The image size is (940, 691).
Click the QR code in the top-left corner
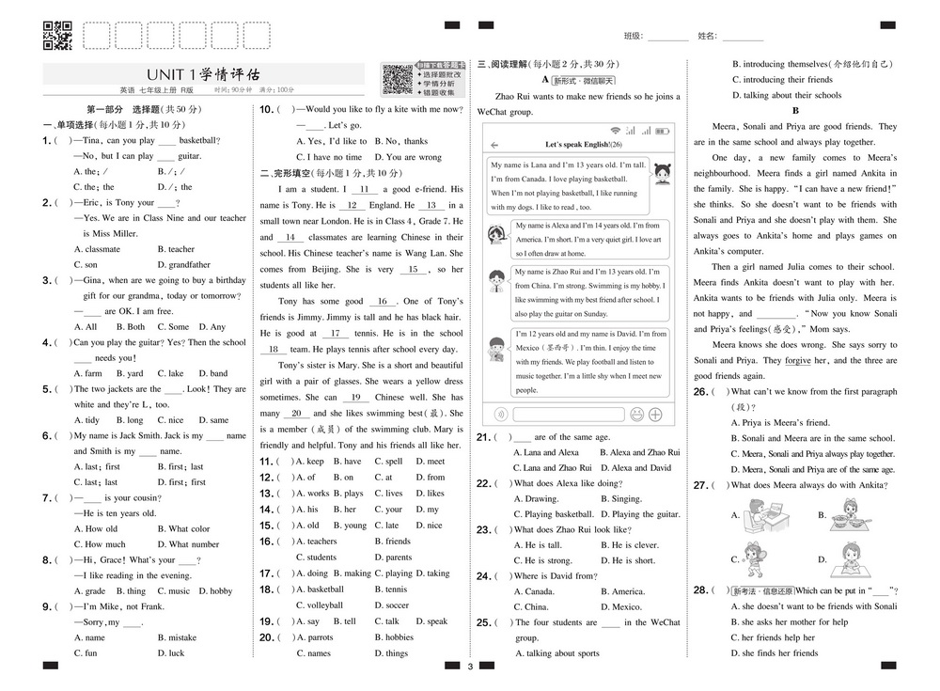pos(59,35)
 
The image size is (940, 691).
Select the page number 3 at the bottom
pos(469,667)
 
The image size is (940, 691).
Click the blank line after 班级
pos(667,37)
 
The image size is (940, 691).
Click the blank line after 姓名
pos(743,37)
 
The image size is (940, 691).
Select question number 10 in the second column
pos(267,110)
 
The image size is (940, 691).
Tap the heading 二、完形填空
pos(295,173)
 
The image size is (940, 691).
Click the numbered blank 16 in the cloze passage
pos(383,302)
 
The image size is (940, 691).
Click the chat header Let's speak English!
pos(583,144)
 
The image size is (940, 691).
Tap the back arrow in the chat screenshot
pos(494,144)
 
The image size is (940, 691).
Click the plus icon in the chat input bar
pos(655,414)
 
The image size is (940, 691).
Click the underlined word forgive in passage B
pos(797,361)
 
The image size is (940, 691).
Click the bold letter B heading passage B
pos(795,110)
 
